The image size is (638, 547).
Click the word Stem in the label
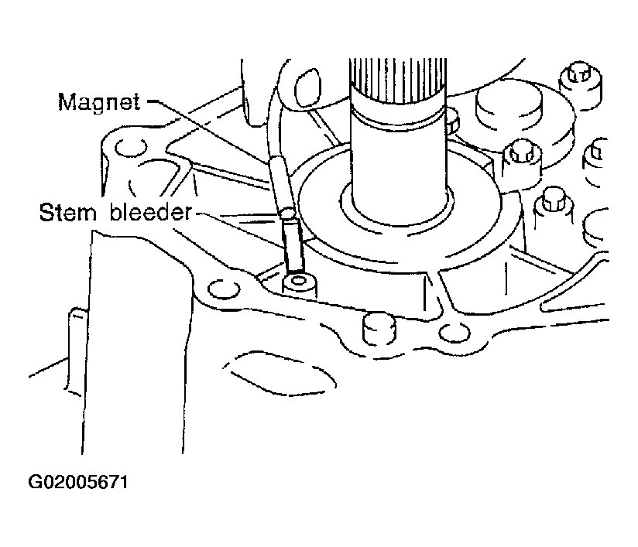[x=67, y=212]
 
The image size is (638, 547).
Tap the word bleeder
[x=150, y=212]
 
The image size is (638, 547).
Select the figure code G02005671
[x=78, y=482]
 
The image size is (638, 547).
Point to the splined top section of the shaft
[x=398, y=80]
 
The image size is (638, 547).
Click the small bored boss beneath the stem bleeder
[x=299, y=285]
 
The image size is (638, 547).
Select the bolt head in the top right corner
[x=581, y=84]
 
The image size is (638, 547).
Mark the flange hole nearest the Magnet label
[x=131, y=149]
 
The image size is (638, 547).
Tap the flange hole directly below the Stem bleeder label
[x=224, y=289]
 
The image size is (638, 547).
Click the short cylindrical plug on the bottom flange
[x=379, y=328]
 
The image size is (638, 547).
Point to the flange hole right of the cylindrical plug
[x=454, y=333]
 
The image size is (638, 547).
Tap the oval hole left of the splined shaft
[x=307, y=88]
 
